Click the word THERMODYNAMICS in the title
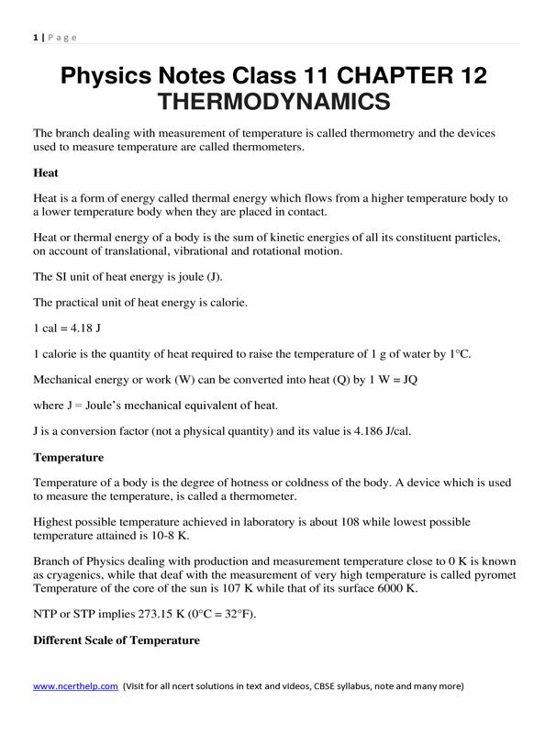274,100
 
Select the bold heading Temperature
69,456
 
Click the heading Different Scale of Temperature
117,639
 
